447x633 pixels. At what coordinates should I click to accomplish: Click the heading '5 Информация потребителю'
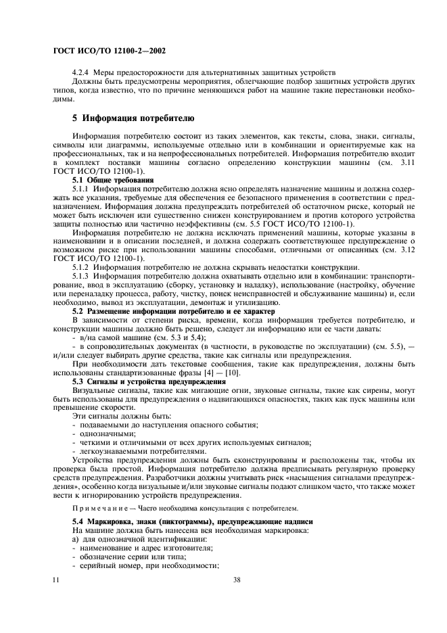point(134,118)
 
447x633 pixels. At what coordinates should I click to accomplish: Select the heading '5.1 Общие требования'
point(113,181)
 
